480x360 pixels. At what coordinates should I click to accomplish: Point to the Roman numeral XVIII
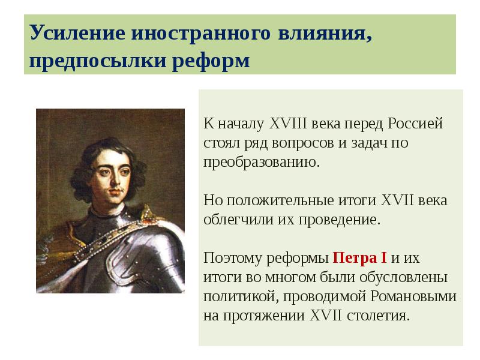click(x=287, y=124)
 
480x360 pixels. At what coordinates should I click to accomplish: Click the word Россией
click(x=415, y=124)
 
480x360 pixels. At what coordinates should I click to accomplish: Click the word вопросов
click(x=323, y=143)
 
